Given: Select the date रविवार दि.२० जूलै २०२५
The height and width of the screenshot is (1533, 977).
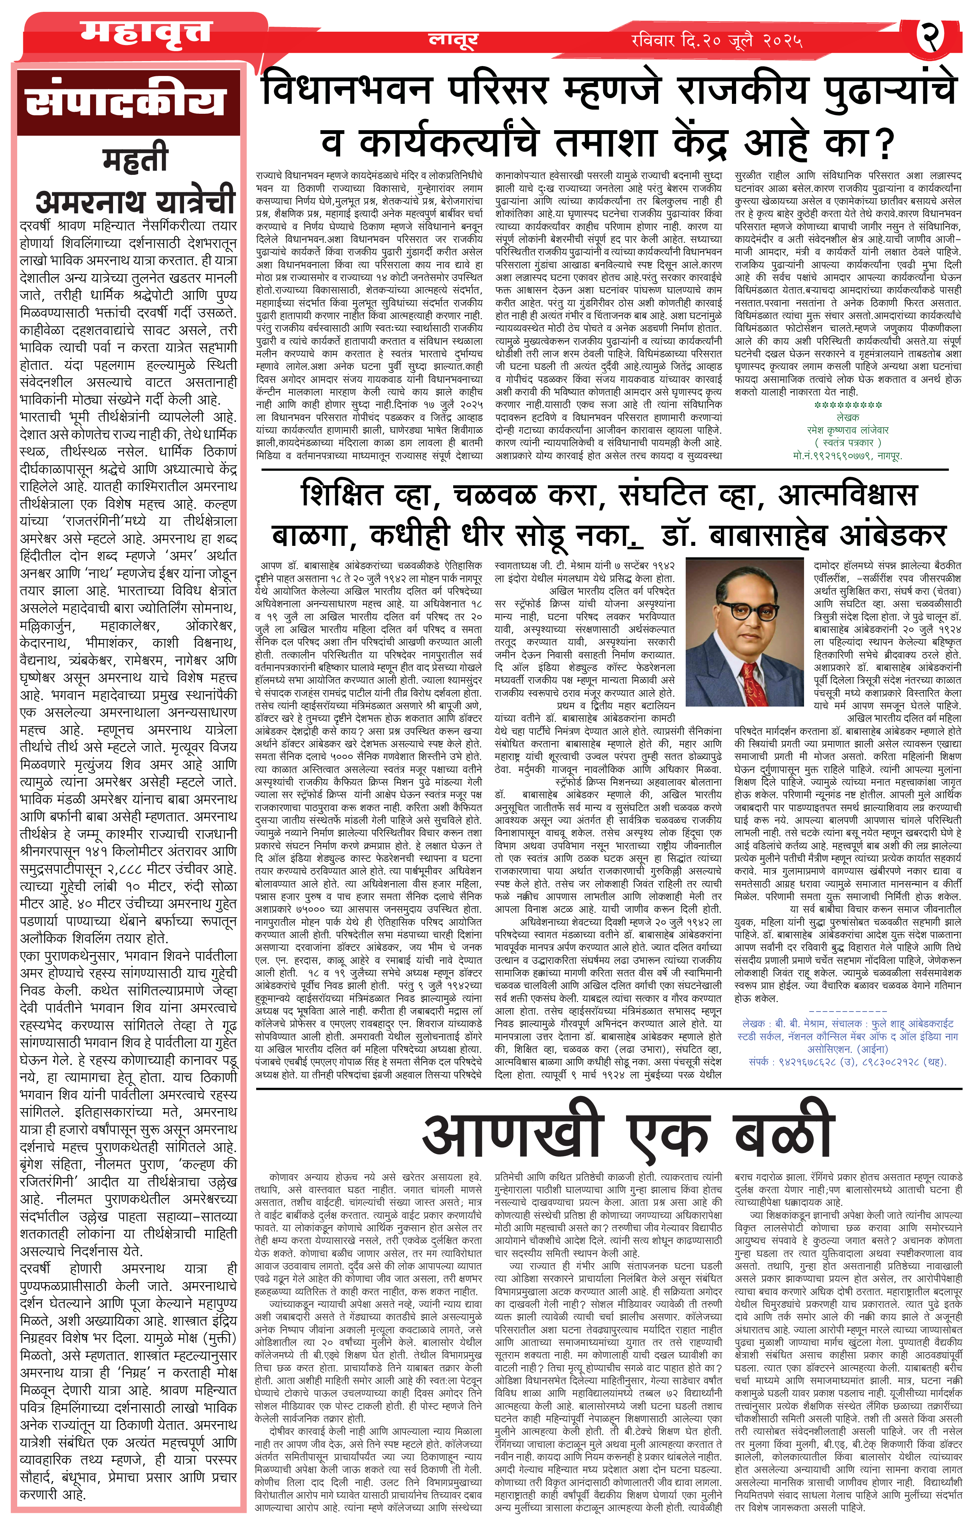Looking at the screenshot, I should (717, 41).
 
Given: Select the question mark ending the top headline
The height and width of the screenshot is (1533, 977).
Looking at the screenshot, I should (885, 143).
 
